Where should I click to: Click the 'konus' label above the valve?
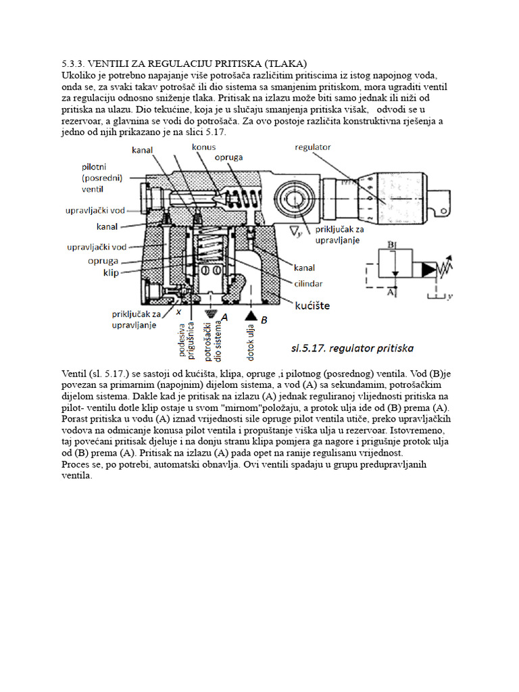click(x=203, y=147)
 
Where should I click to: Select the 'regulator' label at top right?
click(x=313, y=147)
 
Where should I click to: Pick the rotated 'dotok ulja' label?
click(x=251, y=339)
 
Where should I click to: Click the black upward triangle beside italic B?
click(x=251, y=316)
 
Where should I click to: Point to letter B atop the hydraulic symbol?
click(x=391, y=244)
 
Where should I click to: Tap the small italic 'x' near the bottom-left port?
click(x=178, y=313)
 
